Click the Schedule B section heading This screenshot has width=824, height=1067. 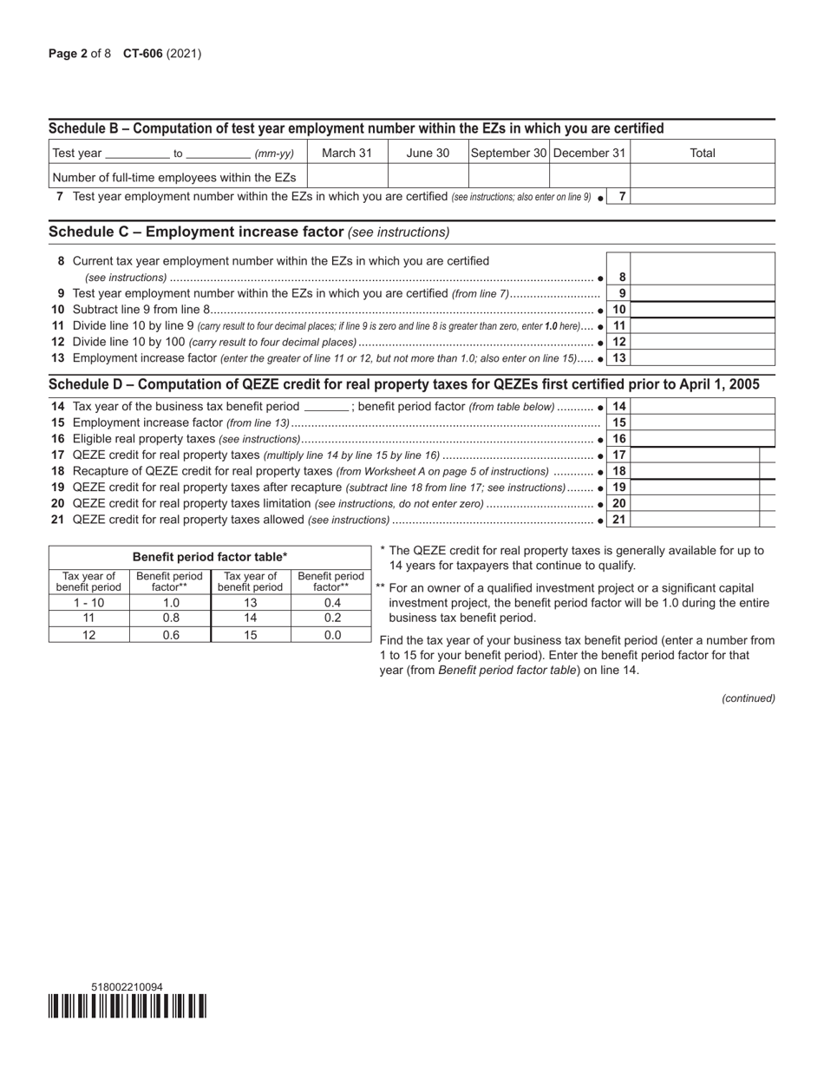pyautogui.click(x=356, y=128)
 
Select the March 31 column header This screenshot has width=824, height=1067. pyautogui.click(x=347, y=153)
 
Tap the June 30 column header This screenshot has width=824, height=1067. pyautogui.click(x=428, y=153)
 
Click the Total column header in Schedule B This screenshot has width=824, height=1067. pyautogui.click(x=702, y=153)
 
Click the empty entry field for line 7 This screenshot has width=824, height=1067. pyautogui.click(x=702, y=197)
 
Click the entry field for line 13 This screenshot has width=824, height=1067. pyautogui.click(x=702, y=358)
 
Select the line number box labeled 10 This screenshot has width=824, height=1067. pyautogui.click(x=618, y=310)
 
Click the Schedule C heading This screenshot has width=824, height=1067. pyautogui.click(x=249, y=232)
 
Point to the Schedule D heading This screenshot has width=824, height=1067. pyautogui.click(x=404, y=384)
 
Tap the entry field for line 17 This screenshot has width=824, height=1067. pyautogui.click(x=695, y=455)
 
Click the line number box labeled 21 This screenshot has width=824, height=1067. pyautogui.click(x=618, y=520)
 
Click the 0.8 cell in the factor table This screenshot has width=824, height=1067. pyautogui.click(x=170, y=619)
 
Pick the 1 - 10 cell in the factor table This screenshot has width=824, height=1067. pyautogui.click(x=88, y=603)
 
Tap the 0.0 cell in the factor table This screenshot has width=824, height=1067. pyautogui.click(x=331, y=634)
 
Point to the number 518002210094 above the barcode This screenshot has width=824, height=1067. pyautogui.click(x=127, y=987)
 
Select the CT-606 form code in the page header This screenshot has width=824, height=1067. pyautogui.click(x=142, y=54)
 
